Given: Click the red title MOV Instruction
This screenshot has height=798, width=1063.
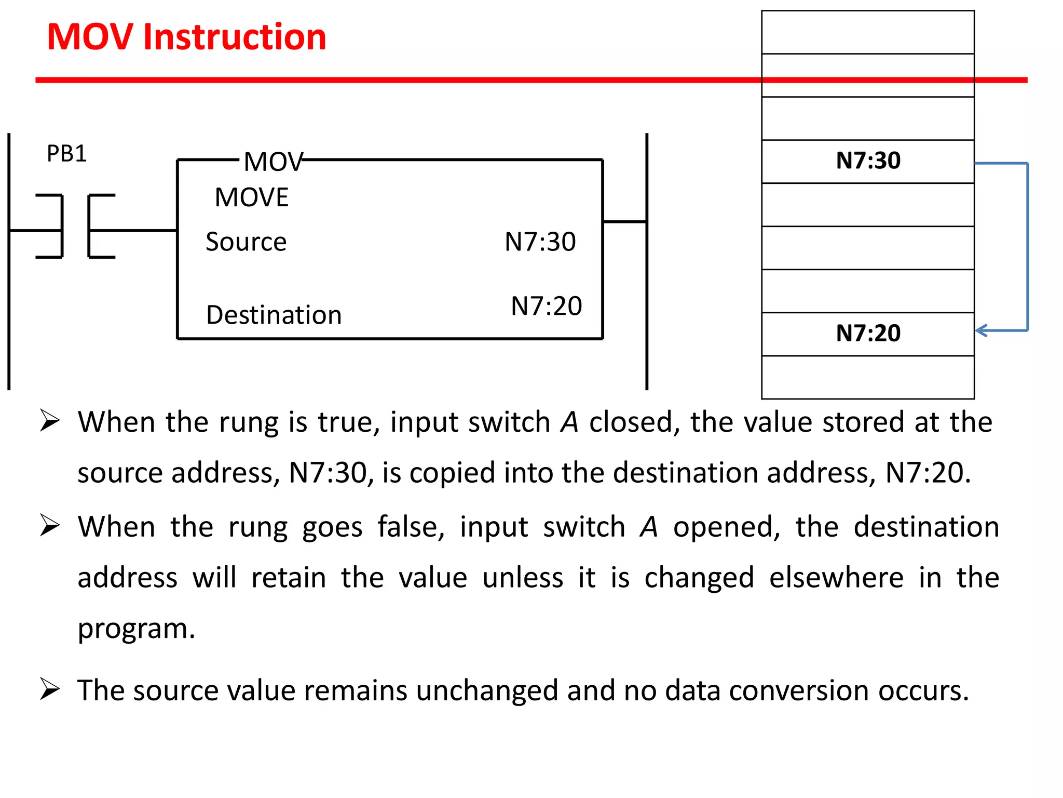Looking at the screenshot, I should (x=186, y=37).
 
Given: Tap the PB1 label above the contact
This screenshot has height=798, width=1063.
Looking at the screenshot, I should (x=66, y=154).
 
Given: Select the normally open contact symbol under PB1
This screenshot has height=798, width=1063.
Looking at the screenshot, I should (x=75, y=227).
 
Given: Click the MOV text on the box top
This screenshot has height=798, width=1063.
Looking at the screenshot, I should (x=273, y=162).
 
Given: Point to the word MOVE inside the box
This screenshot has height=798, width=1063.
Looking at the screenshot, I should (x=252, y=198).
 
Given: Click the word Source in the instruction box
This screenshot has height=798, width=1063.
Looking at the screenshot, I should (x=246, y=242).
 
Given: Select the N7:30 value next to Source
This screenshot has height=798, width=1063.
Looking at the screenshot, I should (x=540, y=242).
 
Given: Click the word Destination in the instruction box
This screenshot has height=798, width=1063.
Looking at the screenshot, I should (x=274, y=315).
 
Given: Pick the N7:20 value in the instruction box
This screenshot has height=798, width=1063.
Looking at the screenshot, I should (x=546, y=306).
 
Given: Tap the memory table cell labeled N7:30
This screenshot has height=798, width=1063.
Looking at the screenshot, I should (x=868, y=161).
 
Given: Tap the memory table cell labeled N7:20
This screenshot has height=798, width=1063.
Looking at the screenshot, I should (x=868, y=334).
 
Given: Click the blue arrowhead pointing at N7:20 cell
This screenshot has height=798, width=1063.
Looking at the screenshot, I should (x=981, y=330).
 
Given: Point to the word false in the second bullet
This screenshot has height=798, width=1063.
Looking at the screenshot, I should (x=411, y=527).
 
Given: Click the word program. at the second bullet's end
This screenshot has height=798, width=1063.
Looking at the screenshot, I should (x=137, y=629).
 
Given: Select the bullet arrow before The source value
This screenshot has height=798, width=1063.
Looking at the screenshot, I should (x=50, y=689).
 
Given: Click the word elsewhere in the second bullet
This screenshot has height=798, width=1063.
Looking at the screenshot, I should (x=836, y=578).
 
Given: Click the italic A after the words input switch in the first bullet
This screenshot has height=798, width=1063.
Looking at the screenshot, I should (x=569, y=422).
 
